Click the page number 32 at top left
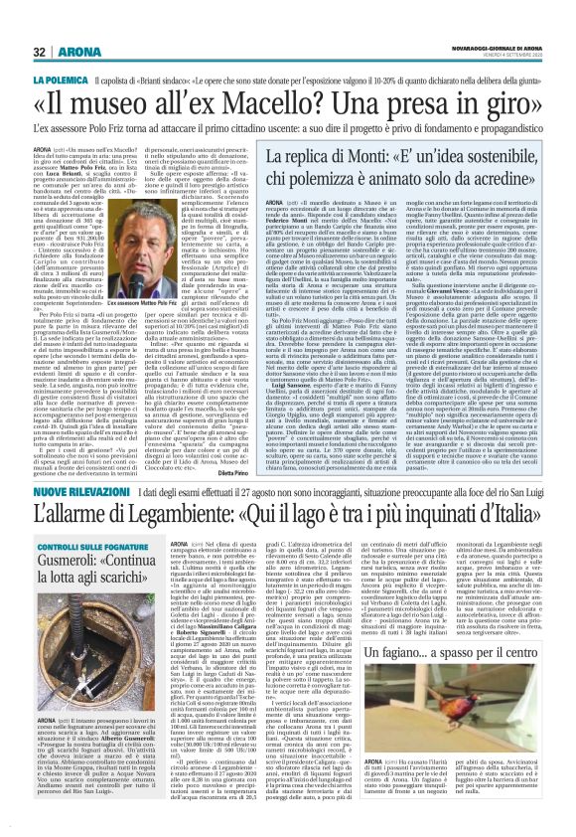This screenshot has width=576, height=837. click(41, 52)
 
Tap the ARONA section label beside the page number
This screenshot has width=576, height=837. click(75, 52)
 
